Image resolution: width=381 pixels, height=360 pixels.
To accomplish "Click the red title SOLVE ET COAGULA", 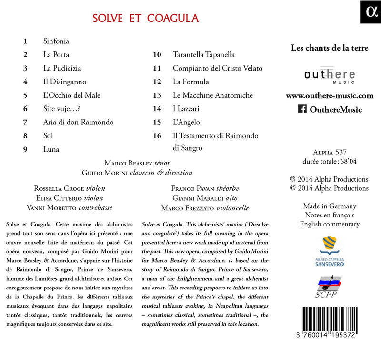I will (x=146, y=18).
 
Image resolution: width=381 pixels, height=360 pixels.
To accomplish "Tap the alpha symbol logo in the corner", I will (x=371, y=12).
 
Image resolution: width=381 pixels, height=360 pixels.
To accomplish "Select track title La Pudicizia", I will (x=63, y=68).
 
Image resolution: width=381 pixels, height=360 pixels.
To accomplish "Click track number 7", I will (x=26, y=122).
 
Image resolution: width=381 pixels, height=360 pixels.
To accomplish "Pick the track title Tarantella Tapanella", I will (x=204, y=55).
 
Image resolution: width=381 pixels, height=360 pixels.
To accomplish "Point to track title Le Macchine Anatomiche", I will (x=213, y=95).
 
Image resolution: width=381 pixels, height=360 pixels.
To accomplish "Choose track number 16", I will (x=157, y=136).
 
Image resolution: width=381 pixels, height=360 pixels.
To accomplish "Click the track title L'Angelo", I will (x=187, y=123).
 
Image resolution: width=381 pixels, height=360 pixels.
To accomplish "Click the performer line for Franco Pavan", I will (x=205, y=188).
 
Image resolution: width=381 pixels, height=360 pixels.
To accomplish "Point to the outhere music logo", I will (x=330, y=75).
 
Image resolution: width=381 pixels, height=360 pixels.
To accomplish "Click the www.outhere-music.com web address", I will (x=330, y=96).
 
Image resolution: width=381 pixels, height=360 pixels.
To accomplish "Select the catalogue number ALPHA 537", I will (x=329, y=153).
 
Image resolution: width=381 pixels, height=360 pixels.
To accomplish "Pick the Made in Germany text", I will (x=330, y=206).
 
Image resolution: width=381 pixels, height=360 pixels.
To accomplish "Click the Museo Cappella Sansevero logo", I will (x=330, y=250).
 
